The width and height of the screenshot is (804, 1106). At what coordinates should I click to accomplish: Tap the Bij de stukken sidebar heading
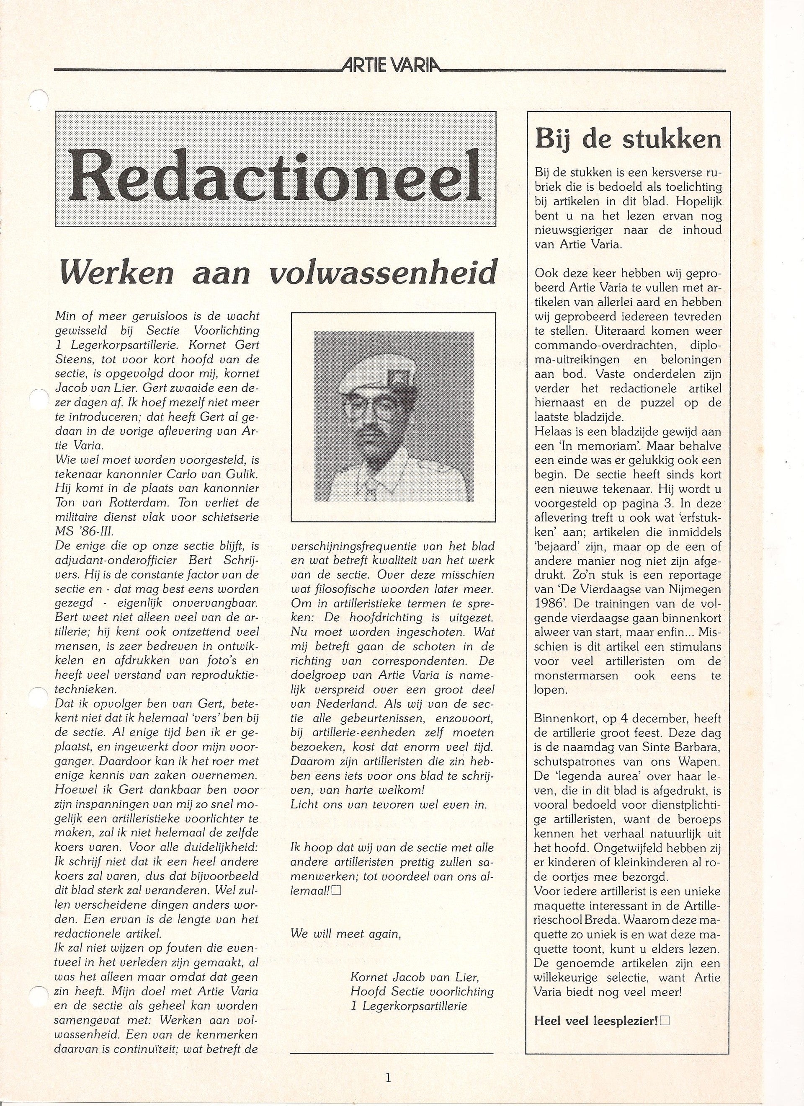tap(628, 139)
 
